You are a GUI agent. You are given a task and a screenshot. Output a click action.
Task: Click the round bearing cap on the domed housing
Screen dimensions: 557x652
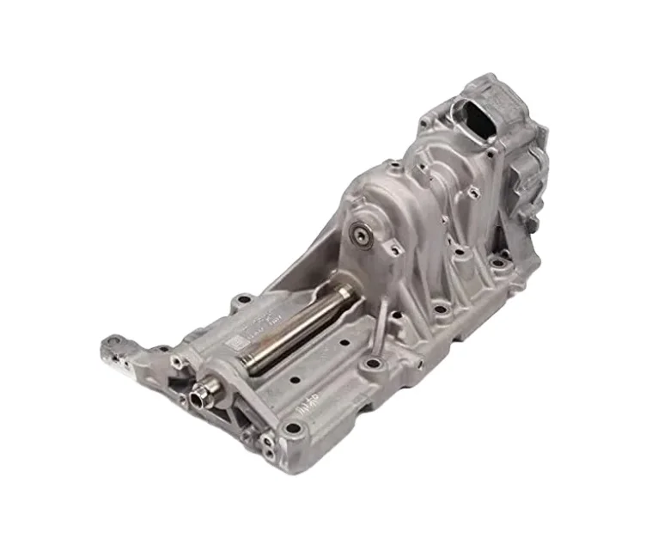click(x=360, y=233)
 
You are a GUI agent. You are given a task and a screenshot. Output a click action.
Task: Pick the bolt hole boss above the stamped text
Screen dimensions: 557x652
click(x=244, y=300)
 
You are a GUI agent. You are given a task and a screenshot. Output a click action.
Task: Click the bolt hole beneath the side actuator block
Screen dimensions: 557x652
click(x=496, y=257)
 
